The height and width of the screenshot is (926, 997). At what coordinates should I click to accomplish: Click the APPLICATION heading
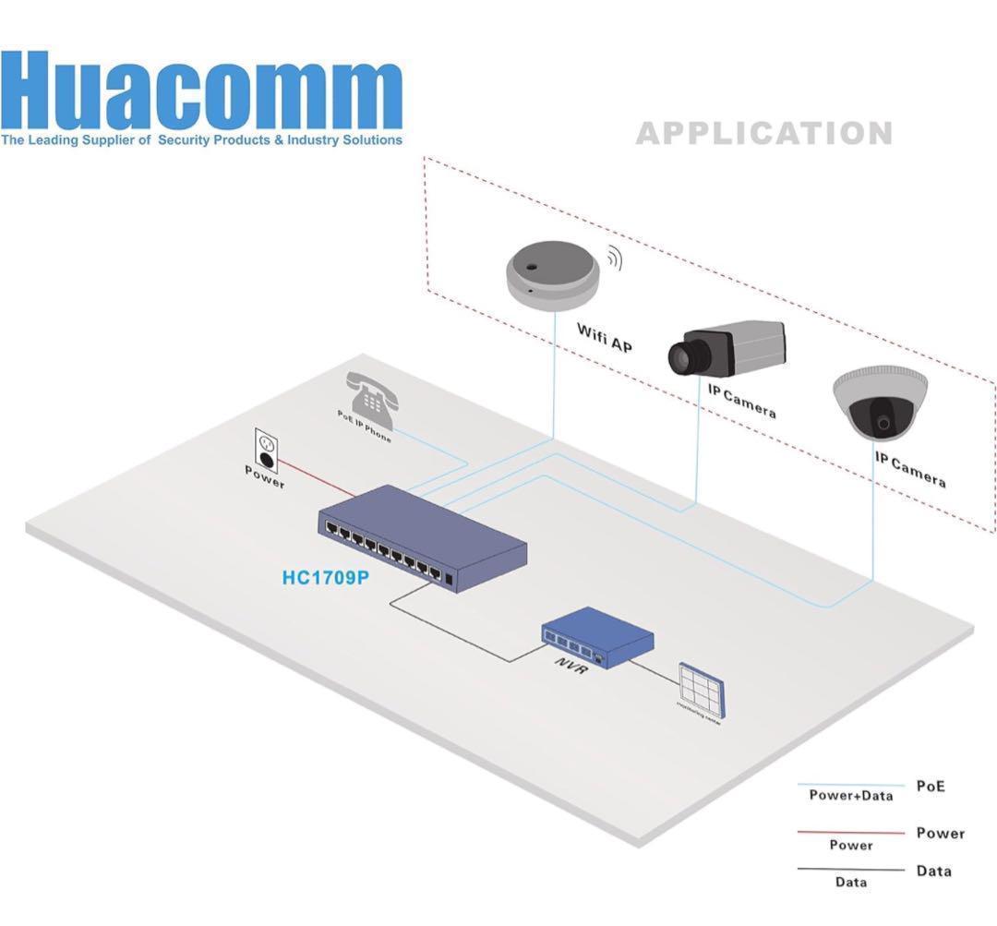pyautogui.click(x=764, y=134)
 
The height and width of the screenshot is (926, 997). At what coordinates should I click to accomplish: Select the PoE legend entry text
pyautogui.click(x=931, y=787)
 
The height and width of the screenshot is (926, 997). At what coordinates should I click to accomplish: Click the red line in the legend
pyautogui.click(x=849, y=832)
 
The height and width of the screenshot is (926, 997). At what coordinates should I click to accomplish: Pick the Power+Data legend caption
pyautogui.click(x=850, y=795)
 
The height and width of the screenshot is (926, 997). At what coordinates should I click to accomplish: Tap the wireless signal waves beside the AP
pyautogui.click(x=614, y=260)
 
